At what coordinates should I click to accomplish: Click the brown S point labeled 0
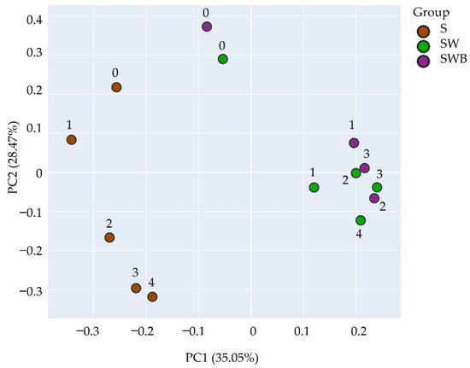click(116, 87)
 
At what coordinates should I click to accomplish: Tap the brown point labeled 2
click(109, 237)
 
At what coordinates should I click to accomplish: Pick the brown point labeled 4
click(152, 297)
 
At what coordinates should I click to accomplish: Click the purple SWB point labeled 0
click(207, 26)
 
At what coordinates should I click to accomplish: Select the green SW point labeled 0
click(223, 59)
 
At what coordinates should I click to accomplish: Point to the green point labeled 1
click(314, 187)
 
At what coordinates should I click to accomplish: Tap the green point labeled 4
click(361, 220)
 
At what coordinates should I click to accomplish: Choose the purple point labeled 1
click(354, 143)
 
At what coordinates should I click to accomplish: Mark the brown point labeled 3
click(136, 288)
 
